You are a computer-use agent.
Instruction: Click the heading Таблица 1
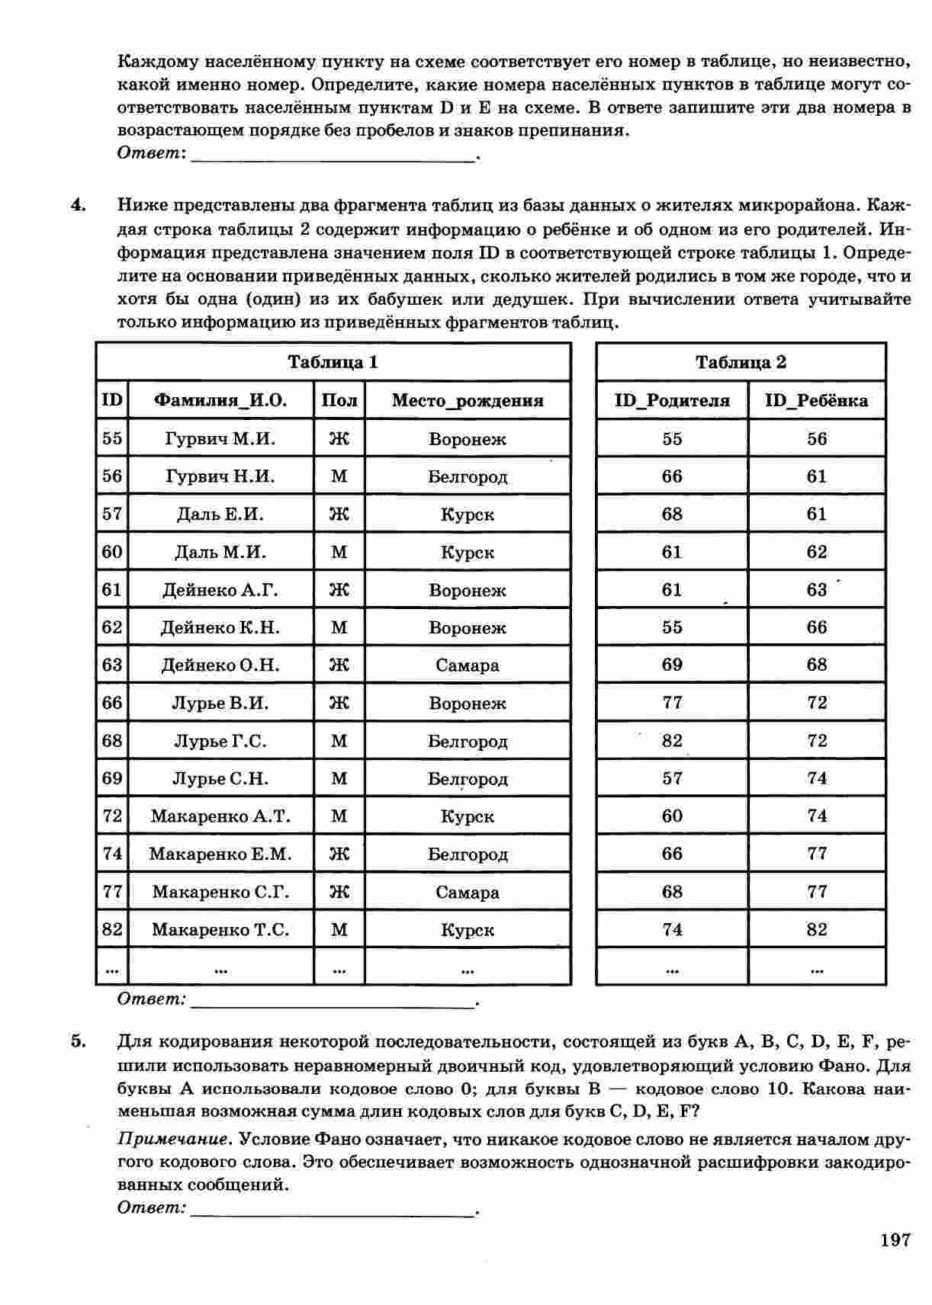[333, 362]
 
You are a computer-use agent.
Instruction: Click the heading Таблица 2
[740, 362]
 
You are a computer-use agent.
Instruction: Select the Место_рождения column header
[467, 400]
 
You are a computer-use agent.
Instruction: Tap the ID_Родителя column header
[671, 400]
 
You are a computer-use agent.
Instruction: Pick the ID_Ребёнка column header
[816, 400]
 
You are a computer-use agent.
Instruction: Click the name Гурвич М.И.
[220, 438]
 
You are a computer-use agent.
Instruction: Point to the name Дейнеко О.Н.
[220, 665]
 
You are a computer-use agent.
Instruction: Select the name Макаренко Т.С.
[220, 929]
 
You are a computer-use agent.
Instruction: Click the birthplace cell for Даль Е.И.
[467, 514]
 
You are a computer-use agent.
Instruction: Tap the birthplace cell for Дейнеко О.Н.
[467, 665]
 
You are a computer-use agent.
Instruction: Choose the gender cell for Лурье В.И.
[339, 703]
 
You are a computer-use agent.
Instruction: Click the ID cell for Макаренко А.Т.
[112, 816]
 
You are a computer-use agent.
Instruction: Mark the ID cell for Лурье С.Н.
[112, 778]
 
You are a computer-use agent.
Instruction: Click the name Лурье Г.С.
[220, 740]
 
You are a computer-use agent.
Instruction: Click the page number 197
[895, 1240]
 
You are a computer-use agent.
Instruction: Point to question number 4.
[77, 206]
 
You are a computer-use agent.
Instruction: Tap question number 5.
[77, 1042]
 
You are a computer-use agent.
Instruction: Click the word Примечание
[173, 1140]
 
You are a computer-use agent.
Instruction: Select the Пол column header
[339, 400]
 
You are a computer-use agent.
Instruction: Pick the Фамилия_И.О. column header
[220, 400]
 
